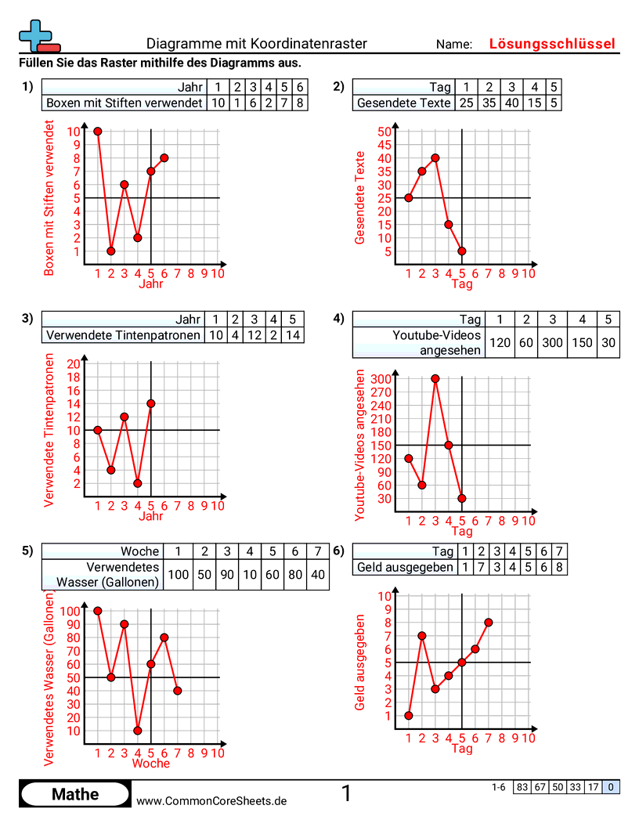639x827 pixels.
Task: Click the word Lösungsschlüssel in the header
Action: pos(552,44)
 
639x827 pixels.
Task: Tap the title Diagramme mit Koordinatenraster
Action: pos(256,44)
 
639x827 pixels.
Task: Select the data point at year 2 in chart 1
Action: pos(111,251)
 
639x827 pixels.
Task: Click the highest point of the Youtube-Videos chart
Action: pos(435,378)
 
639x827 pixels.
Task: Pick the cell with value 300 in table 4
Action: pos(553,343)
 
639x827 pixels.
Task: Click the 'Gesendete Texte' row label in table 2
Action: pos(403,103)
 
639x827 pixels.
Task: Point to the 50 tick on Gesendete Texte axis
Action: pos(384,132)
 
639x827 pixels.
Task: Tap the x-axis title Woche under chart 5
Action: pos(151,764)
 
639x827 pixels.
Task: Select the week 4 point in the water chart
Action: pos(138,731)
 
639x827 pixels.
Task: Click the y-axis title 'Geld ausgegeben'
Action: pos(360,662)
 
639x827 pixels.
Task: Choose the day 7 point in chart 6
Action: pos(489,623)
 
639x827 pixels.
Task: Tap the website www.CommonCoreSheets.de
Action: pos(211,801)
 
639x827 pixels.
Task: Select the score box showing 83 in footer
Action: pos(522,787)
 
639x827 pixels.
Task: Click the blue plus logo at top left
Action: pos(35,34)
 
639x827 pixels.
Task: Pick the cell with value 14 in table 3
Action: pos(293,335)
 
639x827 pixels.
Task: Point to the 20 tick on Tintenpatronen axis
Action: pos(74,364)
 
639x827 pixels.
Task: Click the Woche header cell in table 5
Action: pos(140,551)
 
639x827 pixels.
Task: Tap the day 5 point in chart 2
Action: pos(462,251)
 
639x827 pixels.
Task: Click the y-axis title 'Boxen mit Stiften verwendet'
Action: pos(50,197)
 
